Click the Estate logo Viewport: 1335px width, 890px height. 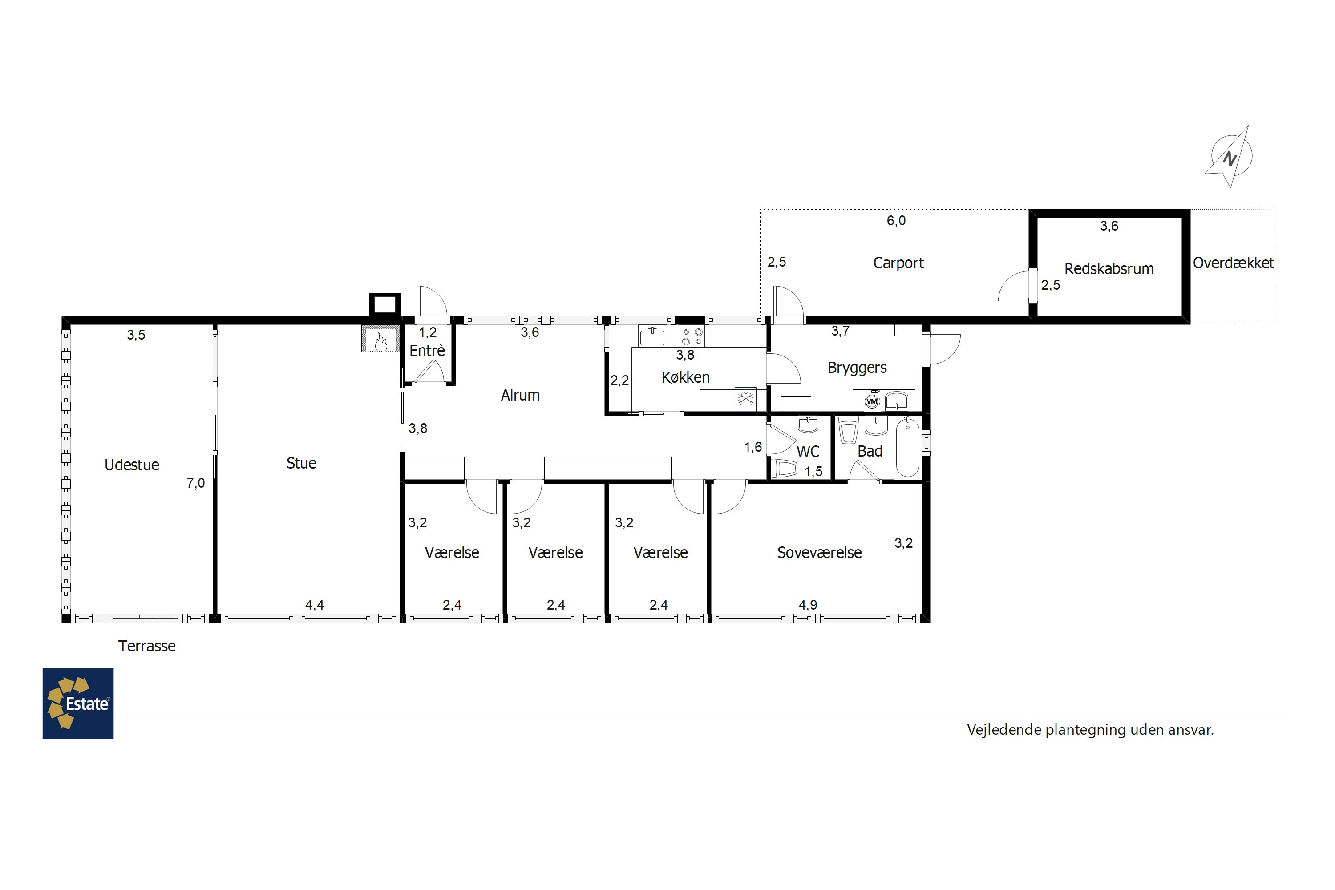[78, 703]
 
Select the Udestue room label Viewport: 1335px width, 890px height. [132, 465]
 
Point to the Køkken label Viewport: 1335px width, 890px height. [686, 377]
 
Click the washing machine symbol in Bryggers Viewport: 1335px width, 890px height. [872, 401]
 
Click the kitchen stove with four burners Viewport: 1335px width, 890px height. [692, 336]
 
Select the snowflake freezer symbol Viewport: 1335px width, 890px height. [746, 400]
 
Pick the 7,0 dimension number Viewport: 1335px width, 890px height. [196, 483]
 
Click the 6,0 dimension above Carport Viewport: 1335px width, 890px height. [896, 221]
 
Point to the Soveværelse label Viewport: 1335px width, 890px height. [819, 552]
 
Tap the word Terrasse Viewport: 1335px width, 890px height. [147, 646]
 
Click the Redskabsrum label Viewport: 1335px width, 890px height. [1109, 268]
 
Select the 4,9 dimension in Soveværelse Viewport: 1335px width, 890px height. [808, 605]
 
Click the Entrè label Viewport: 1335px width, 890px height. [427, 350]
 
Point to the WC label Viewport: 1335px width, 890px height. [808, 451]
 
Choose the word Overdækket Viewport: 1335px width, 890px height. [1234, 263]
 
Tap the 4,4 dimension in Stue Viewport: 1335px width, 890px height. [315, 605]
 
